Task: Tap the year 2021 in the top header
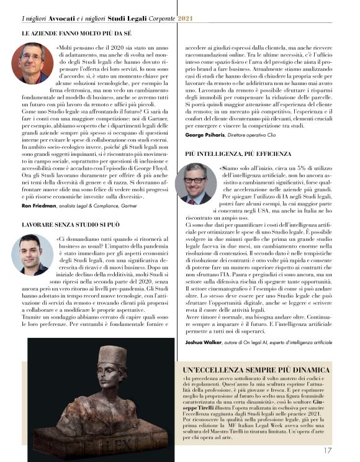(x=185, y=19)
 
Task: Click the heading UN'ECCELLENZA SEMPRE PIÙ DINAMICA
(x=256, y=370)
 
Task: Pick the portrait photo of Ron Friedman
(x=33, y=63)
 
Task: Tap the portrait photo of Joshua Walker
(x=196, y=184)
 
